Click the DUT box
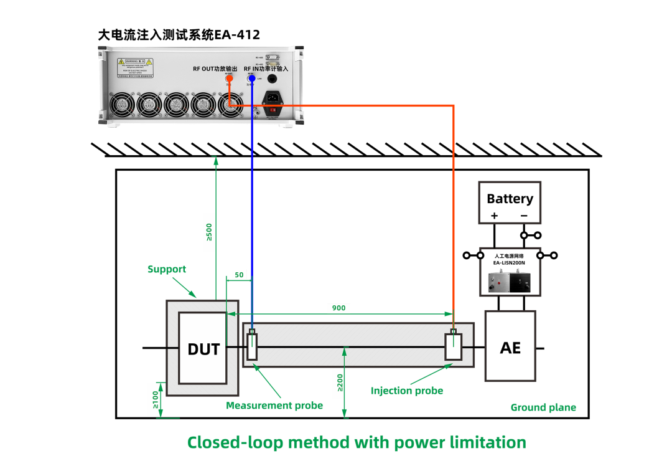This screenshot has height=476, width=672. click(x=203, y=348)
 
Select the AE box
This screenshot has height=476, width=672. click(x=510, y=346)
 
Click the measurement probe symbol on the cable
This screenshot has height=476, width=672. click(x=252, y=346)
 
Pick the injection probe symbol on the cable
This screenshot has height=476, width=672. click(x=453, y=346)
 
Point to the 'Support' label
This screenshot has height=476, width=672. click(x=167, y=269)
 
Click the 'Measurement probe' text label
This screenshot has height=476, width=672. click(x=274, y=406)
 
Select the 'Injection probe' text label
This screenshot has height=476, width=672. click(x=407, y=391)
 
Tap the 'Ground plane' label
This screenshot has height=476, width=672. click(x=543, y=407)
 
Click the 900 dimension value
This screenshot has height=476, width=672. click(x=338, y=308)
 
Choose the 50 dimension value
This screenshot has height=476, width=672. click(x=239, y=275)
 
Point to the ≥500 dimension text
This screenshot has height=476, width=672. click(x=209, y=232)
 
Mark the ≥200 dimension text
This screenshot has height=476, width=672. click(x=340, y=382)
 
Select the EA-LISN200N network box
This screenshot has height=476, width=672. click(x=510, y=272)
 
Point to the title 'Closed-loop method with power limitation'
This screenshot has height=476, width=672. click(x=357, y=442)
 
